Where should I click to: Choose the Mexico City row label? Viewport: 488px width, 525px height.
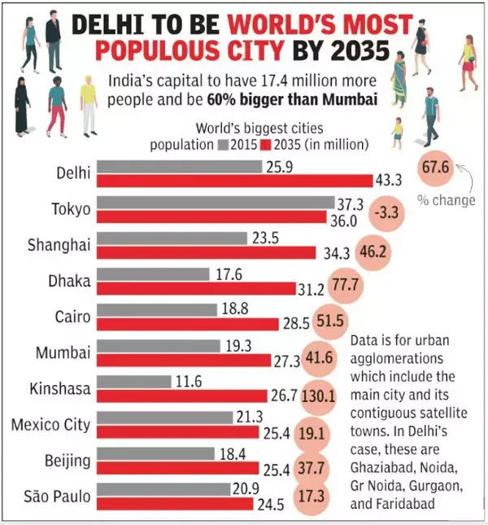pos(51,424)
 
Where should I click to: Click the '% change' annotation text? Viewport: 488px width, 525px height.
pos(448,200)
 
